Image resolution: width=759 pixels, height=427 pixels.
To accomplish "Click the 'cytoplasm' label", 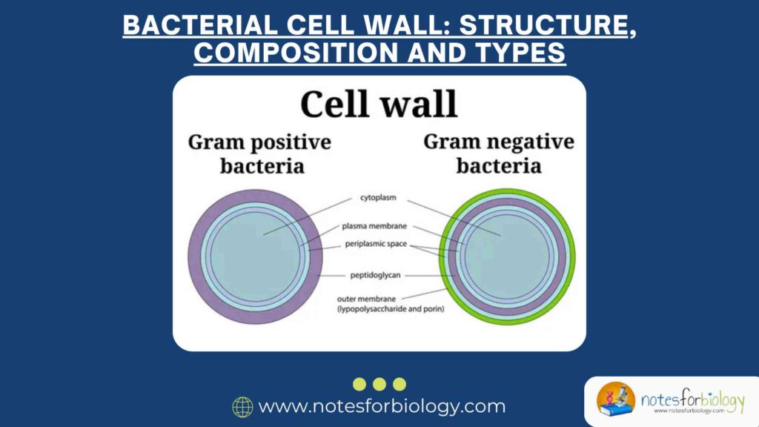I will tap(379, 198).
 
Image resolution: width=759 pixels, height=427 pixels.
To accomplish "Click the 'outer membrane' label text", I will tap(368, 299).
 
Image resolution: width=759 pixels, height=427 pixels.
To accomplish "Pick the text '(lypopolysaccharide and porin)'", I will tap(391, 308).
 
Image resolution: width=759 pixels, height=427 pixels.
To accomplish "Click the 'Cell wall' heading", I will tap(379, 105).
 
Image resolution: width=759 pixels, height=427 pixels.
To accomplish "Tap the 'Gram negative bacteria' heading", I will tap(499, 153).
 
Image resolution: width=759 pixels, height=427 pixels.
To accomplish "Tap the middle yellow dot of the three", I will tap(379, 384).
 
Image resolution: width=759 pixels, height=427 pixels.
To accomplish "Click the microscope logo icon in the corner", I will tap(617, 401).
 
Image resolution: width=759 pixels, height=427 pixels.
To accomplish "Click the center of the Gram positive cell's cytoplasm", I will tap(254, 256).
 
